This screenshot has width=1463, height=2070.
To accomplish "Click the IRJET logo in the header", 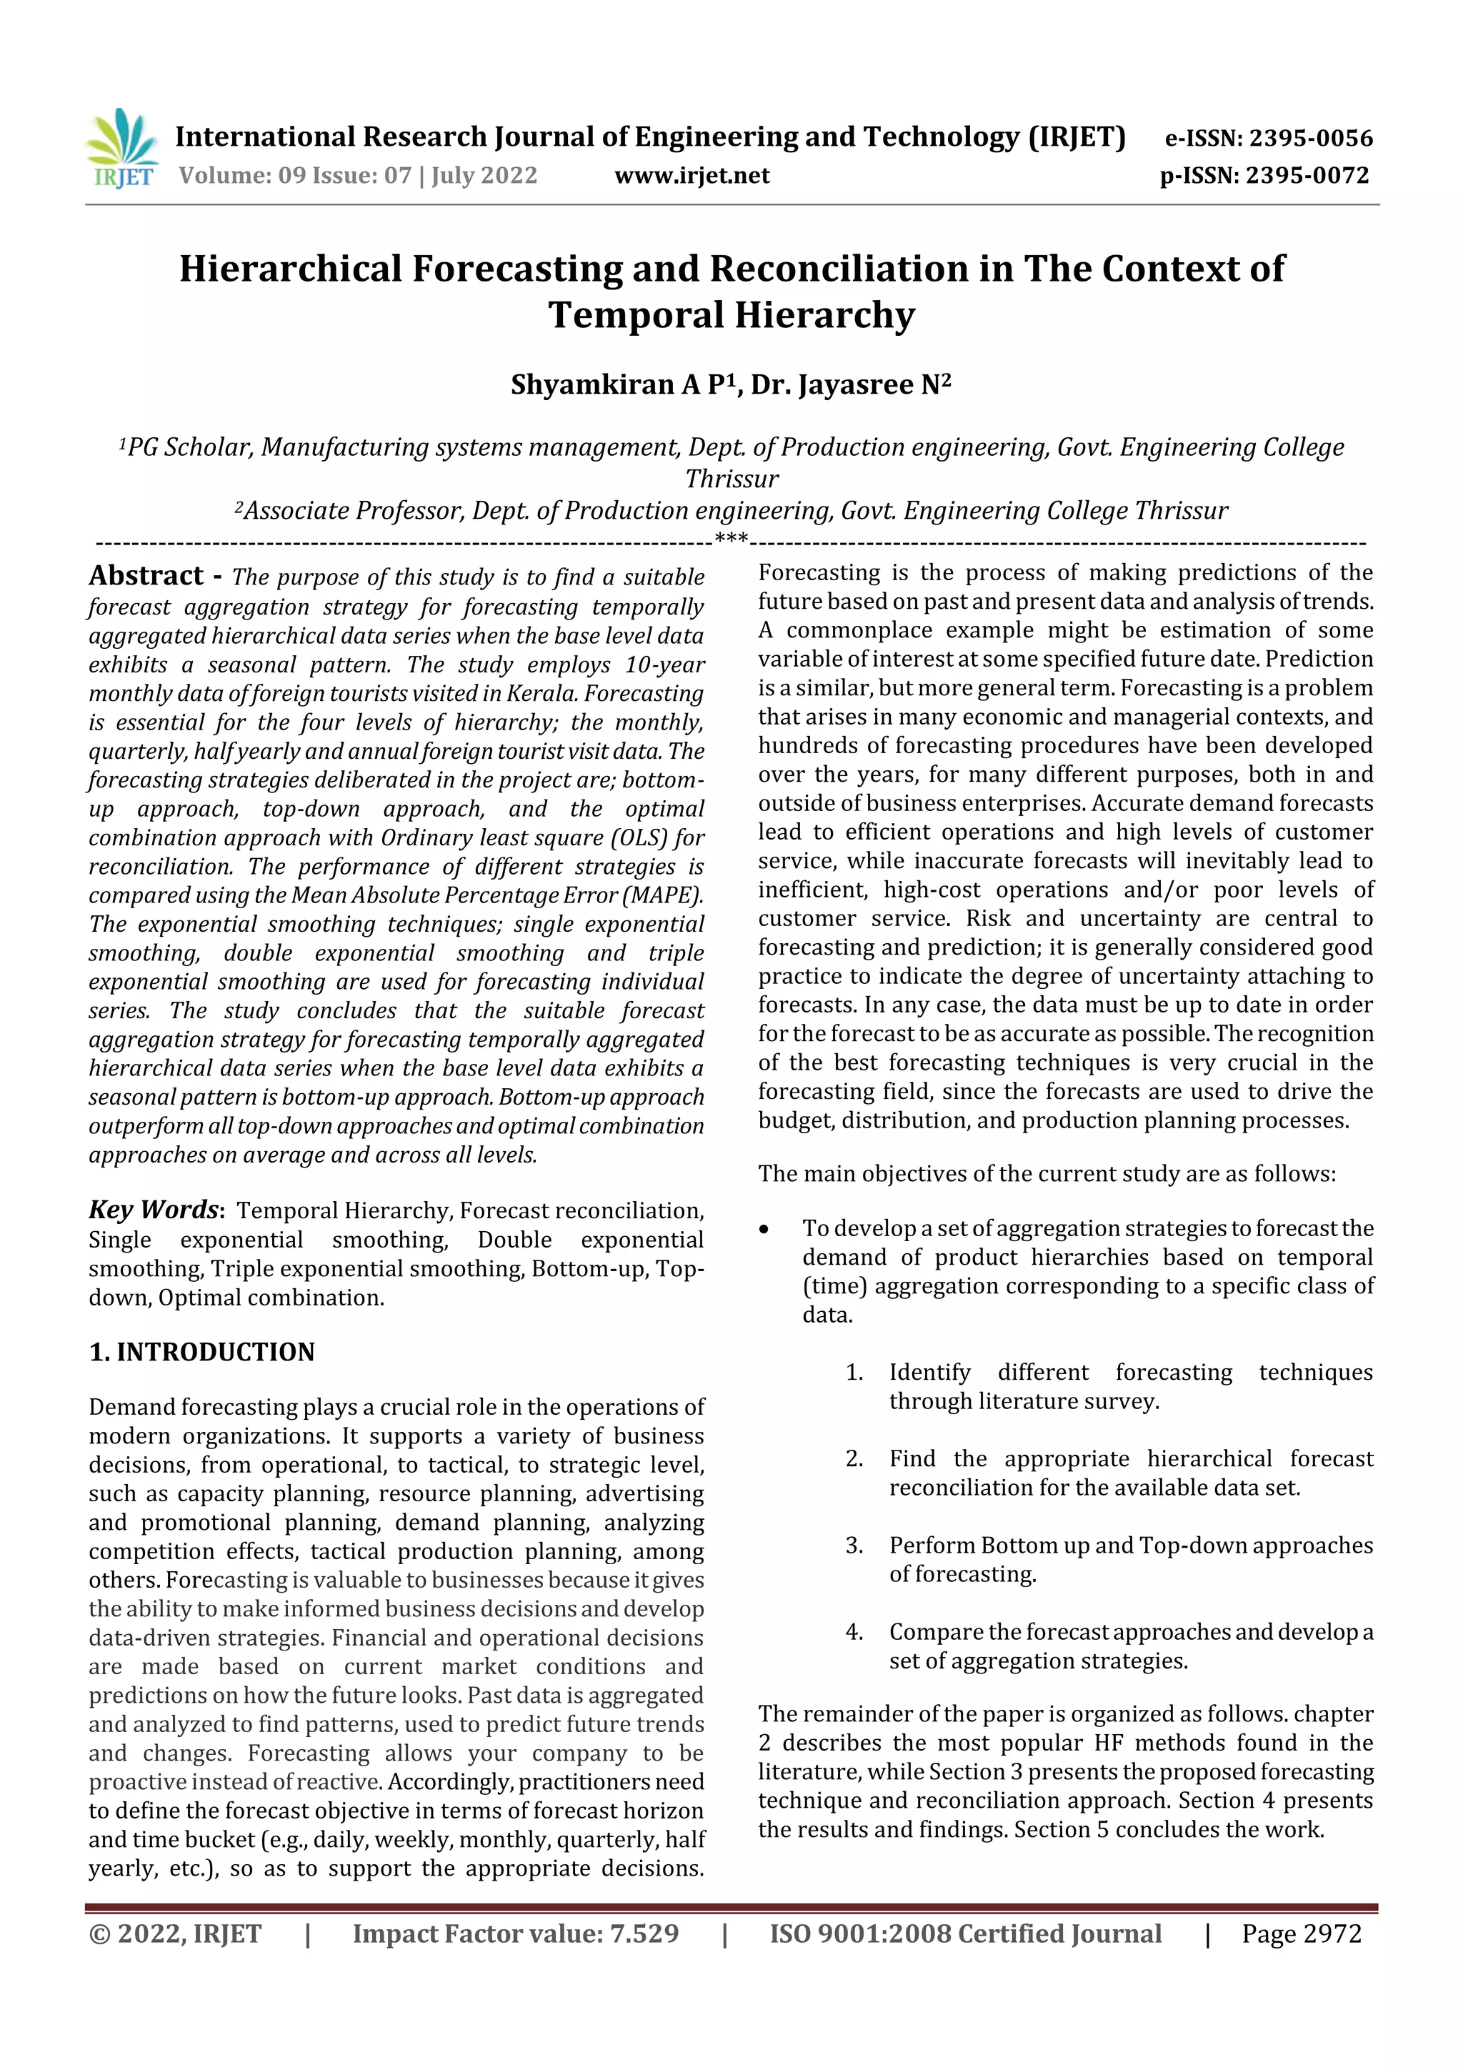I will [x=121, y=148].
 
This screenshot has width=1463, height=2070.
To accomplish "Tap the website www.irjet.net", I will [x=691, y=175].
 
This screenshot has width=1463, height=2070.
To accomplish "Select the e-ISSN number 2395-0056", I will [x=1309, y=138].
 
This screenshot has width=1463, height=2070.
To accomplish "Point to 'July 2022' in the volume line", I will [x=484, y=175].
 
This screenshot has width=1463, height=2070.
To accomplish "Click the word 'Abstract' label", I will [x=146, y=576].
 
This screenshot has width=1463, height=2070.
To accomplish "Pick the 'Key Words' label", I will [x=154, y=1209].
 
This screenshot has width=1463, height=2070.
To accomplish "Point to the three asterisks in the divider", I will [x=731, y=540].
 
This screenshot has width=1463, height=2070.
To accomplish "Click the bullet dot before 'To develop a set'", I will [x=764, y=1229].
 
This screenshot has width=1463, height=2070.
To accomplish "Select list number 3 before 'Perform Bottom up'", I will [x=854, y=1546].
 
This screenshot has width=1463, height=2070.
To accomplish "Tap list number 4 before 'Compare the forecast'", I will [x=854, y=1632].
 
